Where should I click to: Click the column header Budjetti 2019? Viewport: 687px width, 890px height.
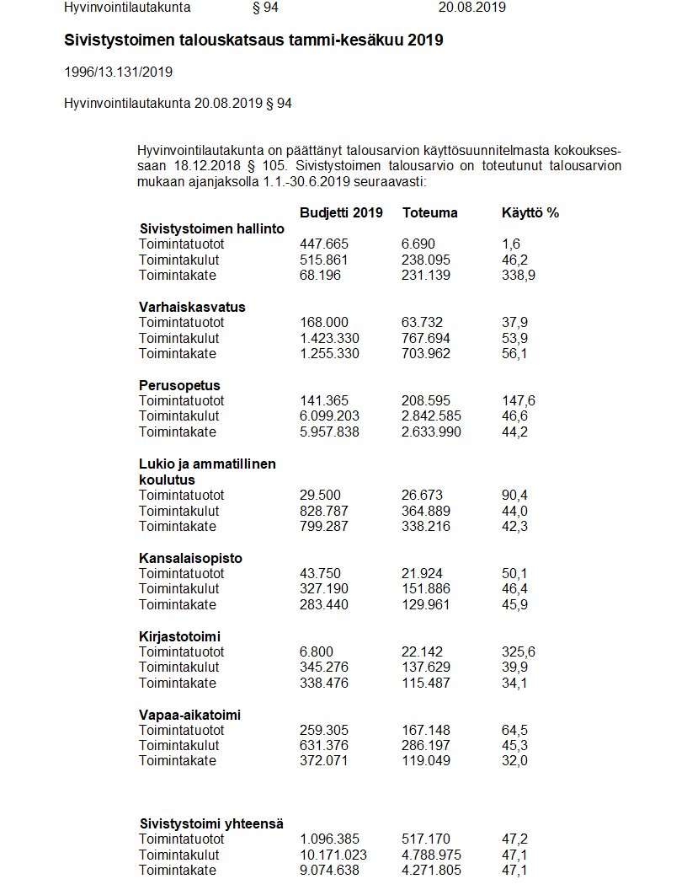(341, 213)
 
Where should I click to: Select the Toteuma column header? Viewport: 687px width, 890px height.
(429, 213)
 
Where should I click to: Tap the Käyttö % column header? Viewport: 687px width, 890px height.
(530, 213)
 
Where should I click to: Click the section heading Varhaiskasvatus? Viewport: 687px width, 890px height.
(192, 307)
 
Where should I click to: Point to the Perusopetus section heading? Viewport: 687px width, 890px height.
(179, 385)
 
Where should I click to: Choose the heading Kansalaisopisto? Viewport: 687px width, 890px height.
(190, 558)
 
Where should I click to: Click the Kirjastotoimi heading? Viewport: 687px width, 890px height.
(179, 636)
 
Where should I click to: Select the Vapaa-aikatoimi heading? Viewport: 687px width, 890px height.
(189, 715)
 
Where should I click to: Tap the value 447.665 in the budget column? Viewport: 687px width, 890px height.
(323, 244)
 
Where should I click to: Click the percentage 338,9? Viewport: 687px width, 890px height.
(518, 276)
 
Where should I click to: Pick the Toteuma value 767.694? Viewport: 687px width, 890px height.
(426, 338)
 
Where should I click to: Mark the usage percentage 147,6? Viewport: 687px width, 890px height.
(518, 400)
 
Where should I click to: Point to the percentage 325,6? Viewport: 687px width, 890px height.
(518, 651)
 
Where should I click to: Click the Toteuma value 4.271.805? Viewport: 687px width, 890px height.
(431, 871)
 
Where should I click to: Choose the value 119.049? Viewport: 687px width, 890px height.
(426, 761)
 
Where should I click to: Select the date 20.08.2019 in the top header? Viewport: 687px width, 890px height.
(471, 8)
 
